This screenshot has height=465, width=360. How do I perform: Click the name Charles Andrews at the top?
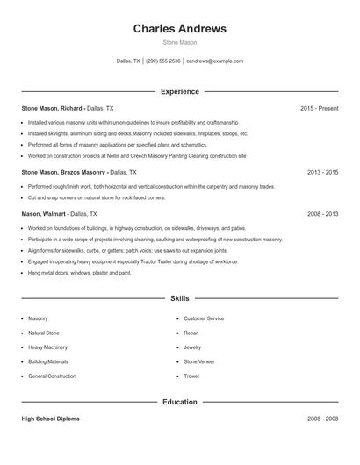(179, 29)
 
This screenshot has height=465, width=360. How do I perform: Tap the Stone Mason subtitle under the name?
(179, 42)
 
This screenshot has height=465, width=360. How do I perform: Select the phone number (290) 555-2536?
(162, 61)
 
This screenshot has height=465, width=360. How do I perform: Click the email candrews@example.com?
(214, 61)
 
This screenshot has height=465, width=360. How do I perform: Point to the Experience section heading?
(179, 91)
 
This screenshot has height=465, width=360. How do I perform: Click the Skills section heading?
(179, 298)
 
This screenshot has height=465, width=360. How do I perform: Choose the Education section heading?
(179, 402)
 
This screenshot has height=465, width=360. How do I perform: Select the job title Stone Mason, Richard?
(52, 108)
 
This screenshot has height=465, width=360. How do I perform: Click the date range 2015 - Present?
(319, 108)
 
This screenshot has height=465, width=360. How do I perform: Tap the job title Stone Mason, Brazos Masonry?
(63, 173)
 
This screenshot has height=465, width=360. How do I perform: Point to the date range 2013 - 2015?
(322, 173)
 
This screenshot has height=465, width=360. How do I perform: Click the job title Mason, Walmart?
(45, 213)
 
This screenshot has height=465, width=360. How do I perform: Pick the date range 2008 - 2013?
(322, 213)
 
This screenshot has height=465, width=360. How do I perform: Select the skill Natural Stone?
(43, 333)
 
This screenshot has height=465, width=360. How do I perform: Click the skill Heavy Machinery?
(47, 347)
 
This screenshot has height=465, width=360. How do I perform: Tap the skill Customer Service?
(204, 318)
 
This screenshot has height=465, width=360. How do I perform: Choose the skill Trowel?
(191, 376)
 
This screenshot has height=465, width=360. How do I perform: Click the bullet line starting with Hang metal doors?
(79, 272)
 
